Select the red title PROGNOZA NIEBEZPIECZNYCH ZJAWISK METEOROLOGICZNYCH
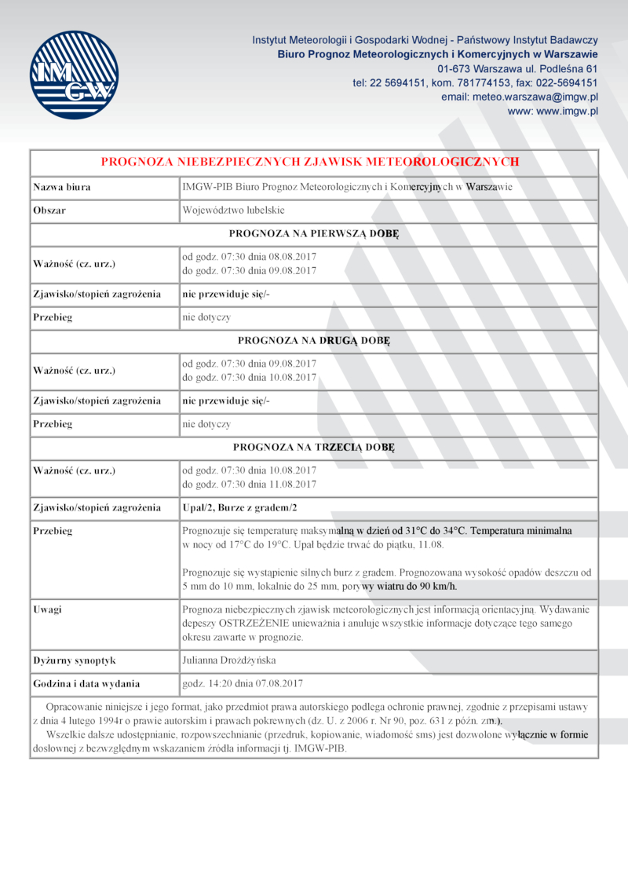310,162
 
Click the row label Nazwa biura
61,187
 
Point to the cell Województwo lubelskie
233,210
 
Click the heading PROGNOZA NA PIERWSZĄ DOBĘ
314,234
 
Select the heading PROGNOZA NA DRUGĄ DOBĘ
314,341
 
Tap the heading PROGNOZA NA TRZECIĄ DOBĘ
314,448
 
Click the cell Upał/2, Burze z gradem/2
240,507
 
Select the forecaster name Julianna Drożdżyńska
228,660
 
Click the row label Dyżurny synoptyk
75,660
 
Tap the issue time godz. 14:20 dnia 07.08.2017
243,683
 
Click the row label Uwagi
48,609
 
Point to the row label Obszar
49,210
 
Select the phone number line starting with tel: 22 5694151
475,82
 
